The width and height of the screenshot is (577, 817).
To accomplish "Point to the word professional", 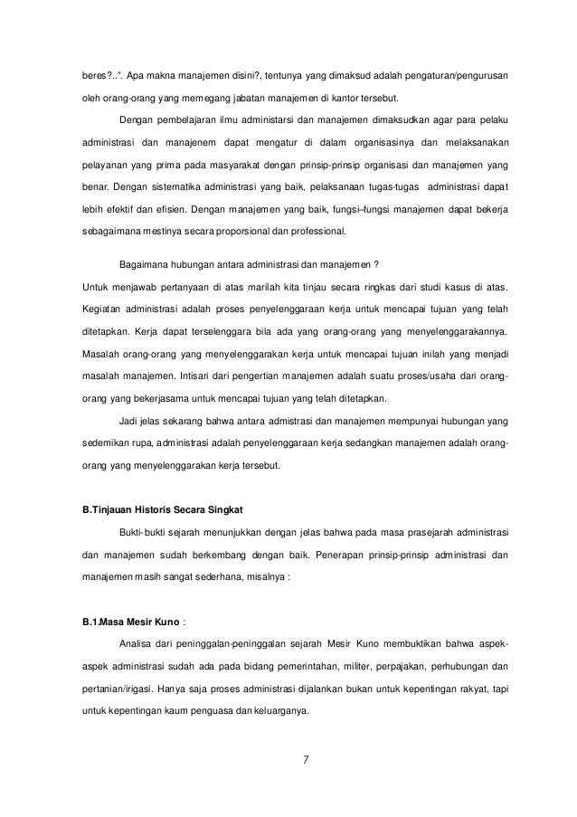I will (317, 232).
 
